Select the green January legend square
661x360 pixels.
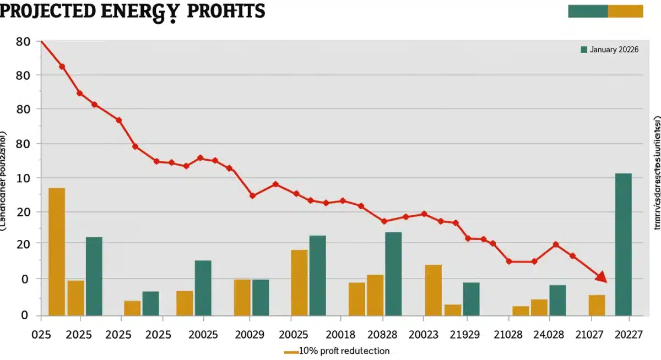[584, 50]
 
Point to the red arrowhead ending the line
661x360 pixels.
[602, 277]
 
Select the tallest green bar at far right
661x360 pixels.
[623, 244]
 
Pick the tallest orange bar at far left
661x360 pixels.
[57, 252]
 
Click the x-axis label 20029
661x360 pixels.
[250, 335]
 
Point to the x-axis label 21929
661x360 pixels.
[465, 335]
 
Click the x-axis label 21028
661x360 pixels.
[507, 335]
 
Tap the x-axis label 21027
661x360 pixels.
[589, 335]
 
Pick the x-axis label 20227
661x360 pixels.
[629, 335]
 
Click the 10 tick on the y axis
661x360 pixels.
[24, 178]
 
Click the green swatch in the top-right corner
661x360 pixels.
[588, 11]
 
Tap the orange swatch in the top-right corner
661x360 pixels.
[625, 11]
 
